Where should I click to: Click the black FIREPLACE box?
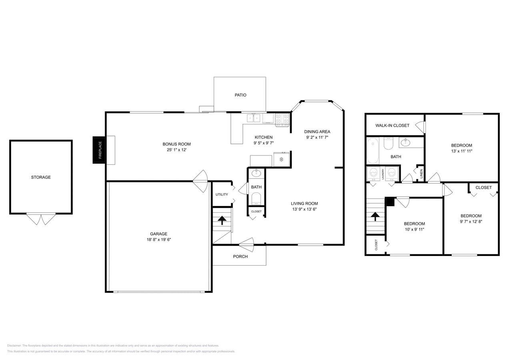click(x=99, y=150)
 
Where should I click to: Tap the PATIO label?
click(x=240, y=95)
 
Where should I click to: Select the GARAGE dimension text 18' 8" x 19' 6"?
click(x=158, y=240)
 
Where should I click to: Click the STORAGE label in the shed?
click(x=41, y=177)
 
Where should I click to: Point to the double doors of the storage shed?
click(x=41, y=219)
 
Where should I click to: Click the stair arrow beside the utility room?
click(x=222, y=220)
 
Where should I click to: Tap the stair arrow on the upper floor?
click(x=375, y=216)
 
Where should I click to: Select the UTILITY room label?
click(x=222, y=195)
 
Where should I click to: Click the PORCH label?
click(x=240, y=256)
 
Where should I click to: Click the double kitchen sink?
click(x=253, y=118)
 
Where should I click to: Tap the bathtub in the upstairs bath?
click(x=373, y=151)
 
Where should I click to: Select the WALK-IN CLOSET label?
click(x=392, y=125)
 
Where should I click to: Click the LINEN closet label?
click(x=421, y=174)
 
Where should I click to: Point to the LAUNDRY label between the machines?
click(x=383, y=174)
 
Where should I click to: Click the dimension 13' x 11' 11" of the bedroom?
click(x=461, y=151)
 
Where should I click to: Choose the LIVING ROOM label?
click(x=304, y=203)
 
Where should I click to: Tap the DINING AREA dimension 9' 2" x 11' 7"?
click(x=317, y=137)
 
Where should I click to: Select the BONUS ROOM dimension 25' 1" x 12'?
click(x=176, y=150)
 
